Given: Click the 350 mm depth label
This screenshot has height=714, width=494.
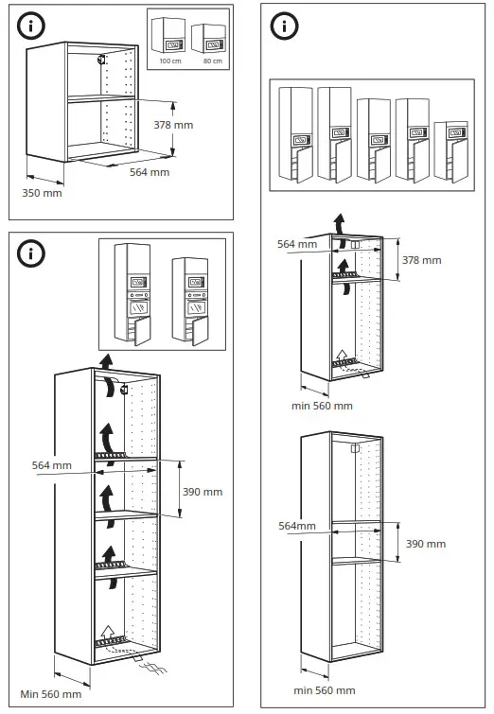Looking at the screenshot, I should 42,193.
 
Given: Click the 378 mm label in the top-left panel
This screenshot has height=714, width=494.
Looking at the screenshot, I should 173,124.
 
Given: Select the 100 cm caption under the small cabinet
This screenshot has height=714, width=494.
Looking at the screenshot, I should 170,61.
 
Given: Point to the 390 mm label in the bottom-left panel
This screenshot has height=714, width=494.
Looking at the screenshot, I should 202,492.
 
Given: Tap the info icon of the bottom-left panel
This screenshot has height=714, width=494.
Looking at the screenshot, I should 30,253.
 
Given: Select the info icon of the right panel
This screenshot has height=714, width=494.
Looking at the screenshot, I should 283,26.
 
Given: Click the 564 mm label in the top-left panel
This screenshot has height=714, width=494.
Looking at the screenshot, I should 150,172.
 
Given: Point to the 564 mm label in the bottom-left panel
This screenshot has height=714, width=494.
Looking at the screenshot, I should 51,465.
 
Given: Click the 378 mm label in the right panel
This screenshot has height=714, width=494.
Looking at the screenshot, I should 422,260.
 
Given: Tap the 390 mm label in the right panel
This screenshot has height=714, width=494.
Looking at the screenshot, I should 426,544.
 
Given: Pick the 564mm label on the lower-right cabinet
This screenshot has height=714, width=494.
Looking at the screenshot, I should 296,527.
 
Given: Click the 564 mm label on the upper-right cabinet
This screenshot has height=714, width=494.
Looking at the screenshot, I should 297,244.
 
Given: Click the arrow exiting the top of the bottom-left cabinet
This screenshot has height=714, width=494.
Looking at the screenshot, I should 108,361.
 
